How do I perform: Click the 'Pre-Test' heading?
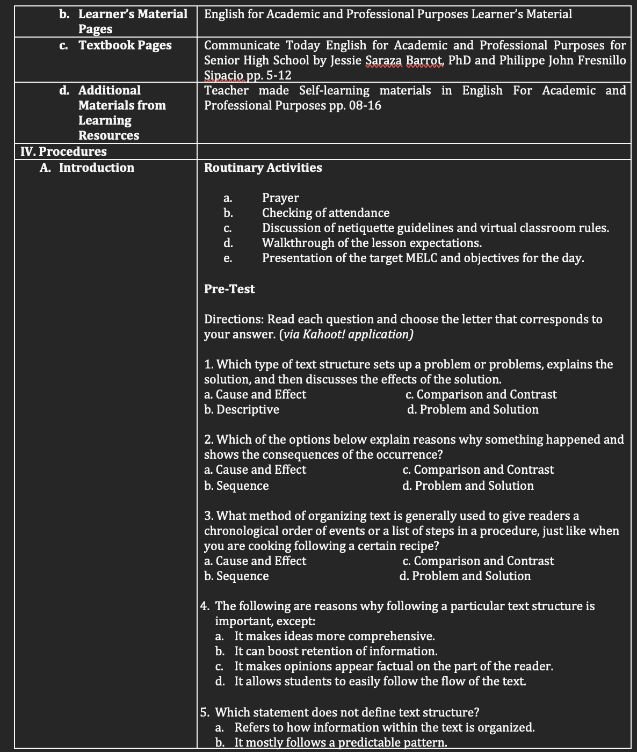tap(229, 289)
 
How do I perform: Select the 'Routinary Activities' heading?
tap(263, 168)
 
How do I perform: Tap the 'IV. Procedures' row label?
tap(63, 151)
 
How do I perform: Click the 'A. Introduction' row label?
tap(87, 168)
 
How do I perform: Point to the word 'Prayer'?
tap(280, 198)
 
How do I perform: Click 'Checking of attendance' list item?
tap(325, 213)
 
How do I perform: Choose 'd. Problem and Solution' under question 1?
tap(473, 409)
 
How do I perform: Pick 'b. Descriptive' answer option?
tap(242, 409)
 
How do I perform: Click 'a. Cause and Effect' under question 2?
tap(255, 469)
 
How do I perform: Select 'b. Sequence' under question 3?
tap(236, 576)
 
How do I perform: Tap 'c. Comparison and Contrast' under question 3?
tap(478, 561)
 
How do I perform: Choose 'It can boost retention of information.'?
tap(336, 651)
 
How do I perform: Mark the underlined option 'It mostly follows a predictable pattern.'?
tap(341, 742)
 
